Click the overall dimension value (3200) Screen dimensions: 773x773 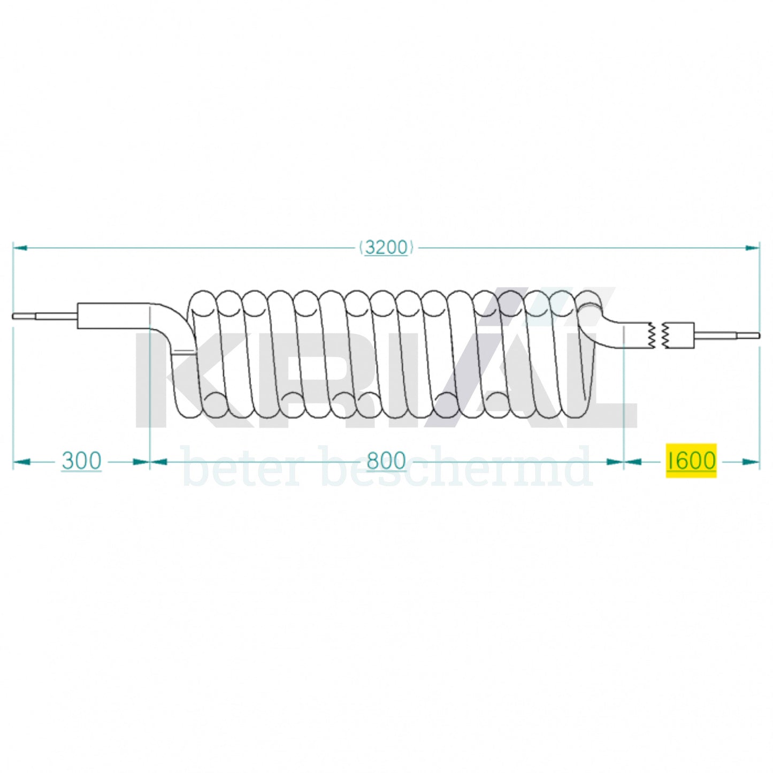click(x=386, y=248)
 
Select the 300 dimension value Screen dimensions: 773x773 click(x=81, y=461)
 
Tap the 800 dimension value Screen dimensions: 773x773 click(x=386, y=461)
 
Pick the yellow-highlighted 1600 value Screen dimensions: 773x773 click(x=691, y=461)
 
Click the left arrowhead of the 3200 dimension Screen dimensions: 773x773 click(x=20, y=248)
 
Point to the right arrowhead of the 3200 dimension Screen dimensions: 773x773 click(x=752, y=248)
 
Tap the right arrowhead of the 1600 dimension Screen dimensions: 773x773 click(x=751, y=462)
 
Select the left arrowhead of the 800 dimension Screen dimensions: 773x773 click(x=158, y=462)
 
